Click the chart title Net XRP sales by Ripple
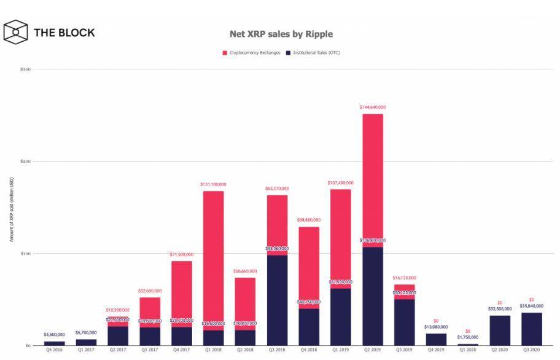pos(281,34)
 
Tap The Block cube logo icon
pos(16,32)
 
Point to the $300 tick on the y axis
pos(25,69)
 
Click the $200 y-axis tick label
pos(25,161)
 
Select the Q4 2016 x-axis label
pos(54,351)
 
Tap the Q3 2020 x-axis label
pos(532,351)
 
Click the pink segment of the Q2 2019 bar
pos(373,178)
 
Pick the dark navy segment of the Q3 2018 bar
pos(277,301)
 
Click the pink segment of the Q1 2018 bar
pos(214,258)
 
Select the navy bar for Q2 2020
pos(500,331)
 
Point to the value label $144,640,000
pos(373,108)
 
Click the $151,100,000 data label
pos(214,184)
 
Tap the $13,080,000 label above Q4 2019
pos(436,327)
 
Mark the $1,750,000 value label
pos(468,337)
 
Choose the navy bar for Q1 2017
pos(86,342)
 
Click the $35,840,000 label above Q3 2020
pos(532,306)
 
